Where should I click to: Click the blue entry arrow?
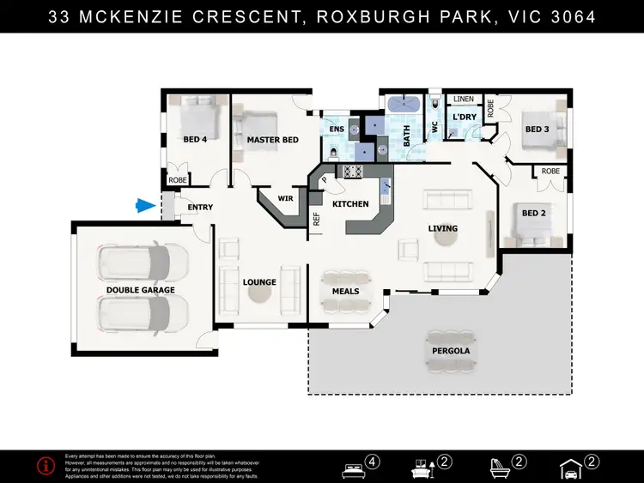click(144, 205)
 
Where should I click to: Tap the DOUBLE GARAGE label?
click(140, 290)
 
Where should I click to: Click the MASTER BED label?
click(272, 140)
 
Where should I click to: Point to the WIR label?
click(285, 199)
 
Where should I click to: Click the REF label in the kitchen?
click(316, 219)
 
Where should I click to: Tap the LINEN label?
click(464, 100)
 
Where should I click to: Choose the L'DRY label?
click(464, 118)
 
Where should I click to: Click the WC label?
click(434, 127)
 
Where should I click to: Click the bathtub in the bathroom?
click(404, 106)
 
